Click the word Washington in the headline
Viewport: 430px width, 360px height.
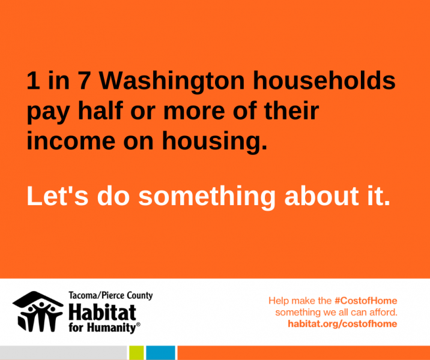[x=171, y=82]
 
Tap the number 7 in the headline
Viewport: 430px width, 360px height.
[x=84, y=80]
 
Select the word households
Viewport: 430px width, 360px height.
[x=324, y=80]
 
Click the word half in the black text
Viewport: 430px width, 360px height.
[x=100, y=110]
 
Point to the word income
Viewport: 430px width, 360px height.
[x=71, y=140]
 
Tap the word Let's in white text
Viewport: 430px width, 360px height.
[x=57, y=196]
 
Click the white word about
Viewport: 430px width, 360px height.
[x=321, y=196]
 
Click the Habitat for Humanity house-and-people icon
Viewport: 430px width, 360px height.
[x=38, y=311]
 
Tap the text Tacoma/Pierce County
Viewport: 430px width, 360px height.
[x=111, y=295]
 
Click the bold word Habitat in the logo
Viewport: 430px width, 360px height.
[x=102, y=313]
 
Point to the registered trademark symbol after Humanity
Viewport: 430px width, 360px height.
[x=138, y=325]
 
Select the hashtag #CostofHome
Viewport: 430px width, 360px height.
[x=366, y=301]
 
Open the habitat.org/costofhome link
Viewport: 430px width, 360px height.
[x=342, y=324]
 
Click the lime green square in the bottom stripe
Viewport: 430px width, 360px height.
[x=136, y=353]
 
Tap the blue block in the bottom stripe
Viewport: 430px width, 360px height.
[x=160, y=353]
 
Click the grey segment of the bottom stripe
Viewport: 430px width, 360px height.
[x=63, y=353]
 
